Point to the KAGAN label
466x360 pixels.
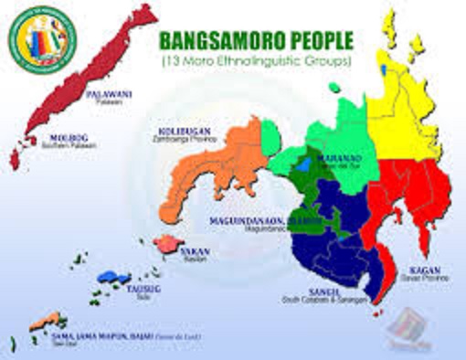coord(426,270)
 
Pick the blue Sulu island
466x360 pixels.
coord(110,275)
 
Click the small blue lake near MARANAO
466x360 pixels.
coord(302,167)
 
